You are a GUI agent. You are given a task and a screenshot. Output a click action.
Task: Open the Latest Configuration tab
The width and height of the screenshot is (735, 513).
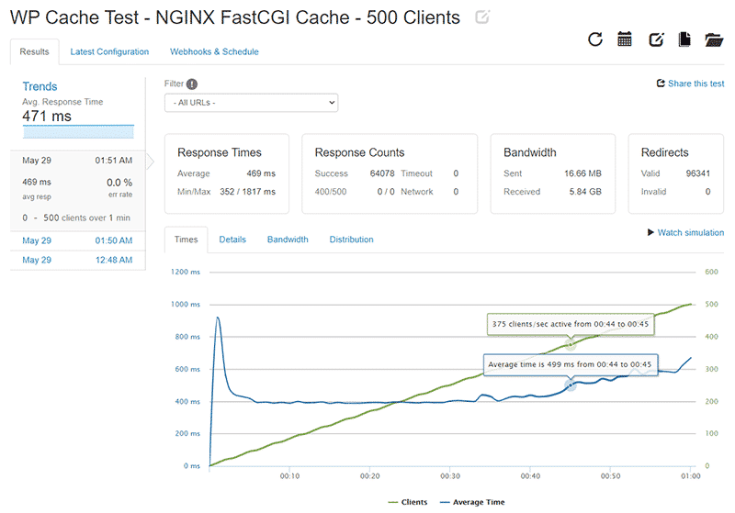[109, 52]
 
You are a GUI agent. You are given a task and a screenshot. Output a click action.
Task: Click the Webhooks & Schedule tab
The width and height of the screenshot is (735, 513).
[214, 52]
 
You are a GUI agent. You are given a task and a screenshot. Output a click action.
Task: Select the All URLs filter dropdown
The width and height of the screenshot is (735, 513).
[251, 103]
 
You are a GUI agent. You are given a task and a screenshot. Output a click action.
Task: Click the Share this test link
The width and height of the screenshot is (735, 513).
[690, 84]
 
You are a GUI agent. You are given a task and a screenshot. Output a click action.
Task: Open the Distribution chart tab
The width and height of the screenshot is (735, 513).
[351, 240]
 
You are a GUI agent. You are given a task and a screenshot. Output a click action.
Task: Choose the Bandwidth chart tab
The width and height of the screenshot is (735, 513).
[288, 240]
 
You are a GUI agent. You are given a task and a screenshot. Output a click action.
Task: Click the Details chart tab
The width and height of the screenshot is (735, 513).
[232, 240]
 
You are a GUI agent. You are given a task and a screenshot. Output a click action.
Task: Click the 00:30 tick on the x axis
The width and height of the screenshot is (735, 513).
[450, 476]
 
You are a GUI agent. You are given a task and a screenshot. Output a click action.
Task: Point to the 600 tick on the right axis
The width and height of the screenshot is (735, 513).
[710, 272]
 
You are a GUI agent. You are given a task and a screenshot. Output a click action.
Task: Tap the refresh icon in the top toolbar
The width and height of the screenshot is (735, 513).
[595, 39]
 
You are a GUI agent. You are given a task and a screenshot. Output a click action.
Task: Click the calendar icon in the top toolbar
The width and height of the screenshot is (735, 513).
[625, 39]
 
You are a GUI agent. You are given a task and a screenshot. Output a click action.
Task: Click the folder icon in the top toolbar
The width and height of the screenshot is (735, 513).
[714, 39]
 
